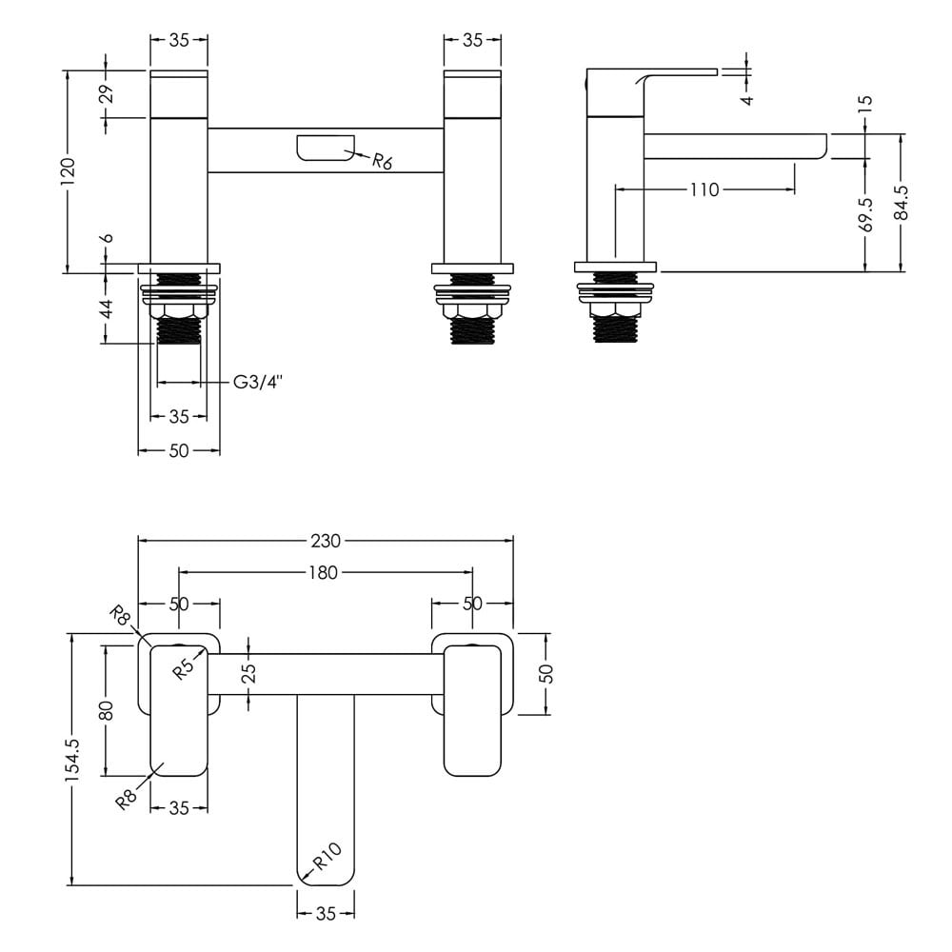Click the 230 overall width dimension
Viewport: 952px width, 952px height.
(326, 541)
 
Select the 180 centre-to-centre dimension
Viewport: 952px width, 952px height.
(323, 572)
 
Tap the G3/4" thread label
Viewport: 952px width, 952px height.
(259, 382)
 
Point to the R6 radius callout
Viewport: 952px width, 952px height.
(382, 162)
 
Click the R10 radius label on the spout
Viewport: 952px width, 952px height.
(327, 856)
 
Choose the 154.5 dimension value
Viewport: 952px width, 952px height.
(73, 759)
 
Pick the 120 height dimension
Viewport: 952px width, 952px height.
(67, 171)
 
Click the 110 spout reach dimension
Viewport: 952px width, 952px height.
(704, 190)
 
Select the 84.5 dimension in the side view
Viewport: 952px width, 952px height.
(902, 203)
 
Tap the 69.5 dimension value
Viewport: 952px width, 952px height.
(866, 215)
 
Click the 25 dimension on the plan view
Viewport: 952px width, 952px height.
(248, 673)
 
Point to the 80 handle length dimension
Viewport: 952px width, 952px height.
(107, 710)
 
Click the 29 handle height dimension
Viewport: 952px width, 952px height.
(107, 94)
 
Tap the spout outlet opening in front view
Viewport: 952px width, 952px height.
(326, 148)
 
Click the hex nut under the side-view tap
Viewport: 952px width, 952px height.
(616, 310)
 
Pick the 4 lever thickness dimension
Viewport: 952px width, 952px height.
(747, 99)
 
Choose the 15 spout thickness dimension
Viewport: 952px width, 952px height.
(866, 101)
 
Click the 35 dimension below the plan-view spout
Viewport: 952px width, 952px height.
(326, 913)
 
